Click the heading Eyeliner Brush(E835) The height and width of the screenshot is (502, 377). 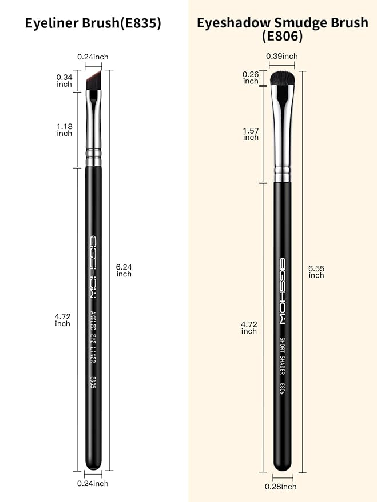click(x=93, y=23)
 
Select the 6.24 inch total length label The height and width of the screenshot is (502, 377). click(x=124, y=270)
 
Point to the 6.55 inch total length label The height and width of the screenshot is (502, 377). click(x=316, y=271)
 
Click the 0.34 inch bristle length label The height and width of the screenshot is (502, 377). click(x=65, y=81)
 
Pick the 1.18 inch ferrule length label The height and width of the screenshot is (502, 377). click(x=65, y=130)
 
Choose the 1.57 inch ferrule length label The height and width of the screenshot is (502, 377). click(x=251, y=134)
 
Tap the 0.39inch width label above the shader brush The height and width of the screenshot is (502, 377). click(x=282, y=56)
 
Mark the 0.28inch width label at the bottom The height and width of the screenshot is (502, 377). click(x=281, y=487)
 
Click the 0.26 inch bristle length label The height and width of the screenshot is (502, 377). click(x=251, y=78)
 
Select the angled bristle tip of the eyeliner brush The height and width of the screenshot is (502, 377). click(x=94, y=80)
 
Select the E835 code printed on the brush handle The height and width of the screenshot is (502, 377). click(x=93, y=383)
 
